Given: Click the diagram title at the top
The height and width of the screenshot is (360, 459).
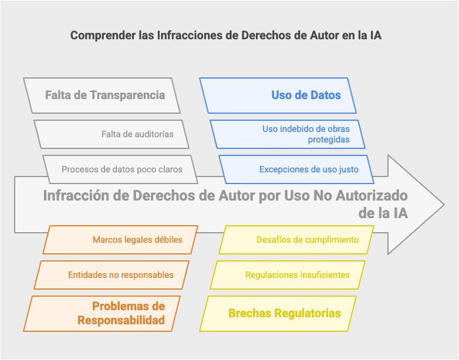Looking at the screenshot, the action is tap(226, 35).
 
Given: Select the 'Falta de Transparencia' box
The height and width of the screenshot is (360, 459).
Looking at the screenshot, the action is tap(102, 96).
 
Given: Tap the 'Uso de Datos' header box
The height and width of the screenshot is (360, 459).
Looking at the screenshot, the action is tap(278, 96).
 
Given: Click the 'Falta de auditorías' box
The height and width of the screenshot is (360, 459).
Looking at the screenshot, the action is tap(112, 134).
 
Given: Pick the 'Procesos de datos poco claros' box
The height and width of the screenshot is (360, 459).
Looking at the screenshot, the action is tap(120, 169).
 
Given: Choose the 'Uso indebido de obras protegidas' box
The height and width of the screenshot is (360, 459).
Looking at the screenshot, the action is tap(288, 134).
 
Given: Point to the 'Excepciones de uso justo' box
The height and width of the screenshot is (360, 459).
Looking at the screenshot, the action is tap(296, 169).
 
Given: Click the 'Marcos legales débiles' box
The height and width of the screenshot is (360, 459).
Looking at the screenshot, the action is tap(120, 240).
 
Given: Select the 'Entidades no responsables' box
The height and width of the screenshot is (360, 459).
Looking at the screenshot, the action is tap(112, 275).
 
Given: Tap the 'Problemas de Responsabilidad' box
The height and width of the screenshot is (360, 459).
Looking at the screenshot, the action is tap(102, 314).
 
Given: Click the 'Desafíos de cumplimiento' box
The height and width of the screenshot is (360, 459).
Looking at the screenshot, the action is tap(296, 240).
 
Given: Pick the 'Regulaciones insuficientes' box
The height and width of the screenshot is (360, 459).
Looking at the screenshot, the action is tap(288, 275).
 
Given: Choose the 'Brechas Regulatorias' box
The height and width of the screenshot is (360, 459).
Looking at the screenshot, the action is tap(278, 314).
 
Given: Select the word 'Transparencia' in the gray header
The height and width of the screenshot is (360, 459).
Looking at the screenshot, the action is tap(127, 96).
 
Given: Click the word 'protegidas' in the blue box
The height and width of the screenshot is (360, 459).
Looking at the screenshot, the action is tap(329, 140).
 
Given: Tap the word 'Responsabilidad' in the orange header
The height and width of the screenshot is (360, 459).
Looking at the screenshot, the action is tap(121, 320).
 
